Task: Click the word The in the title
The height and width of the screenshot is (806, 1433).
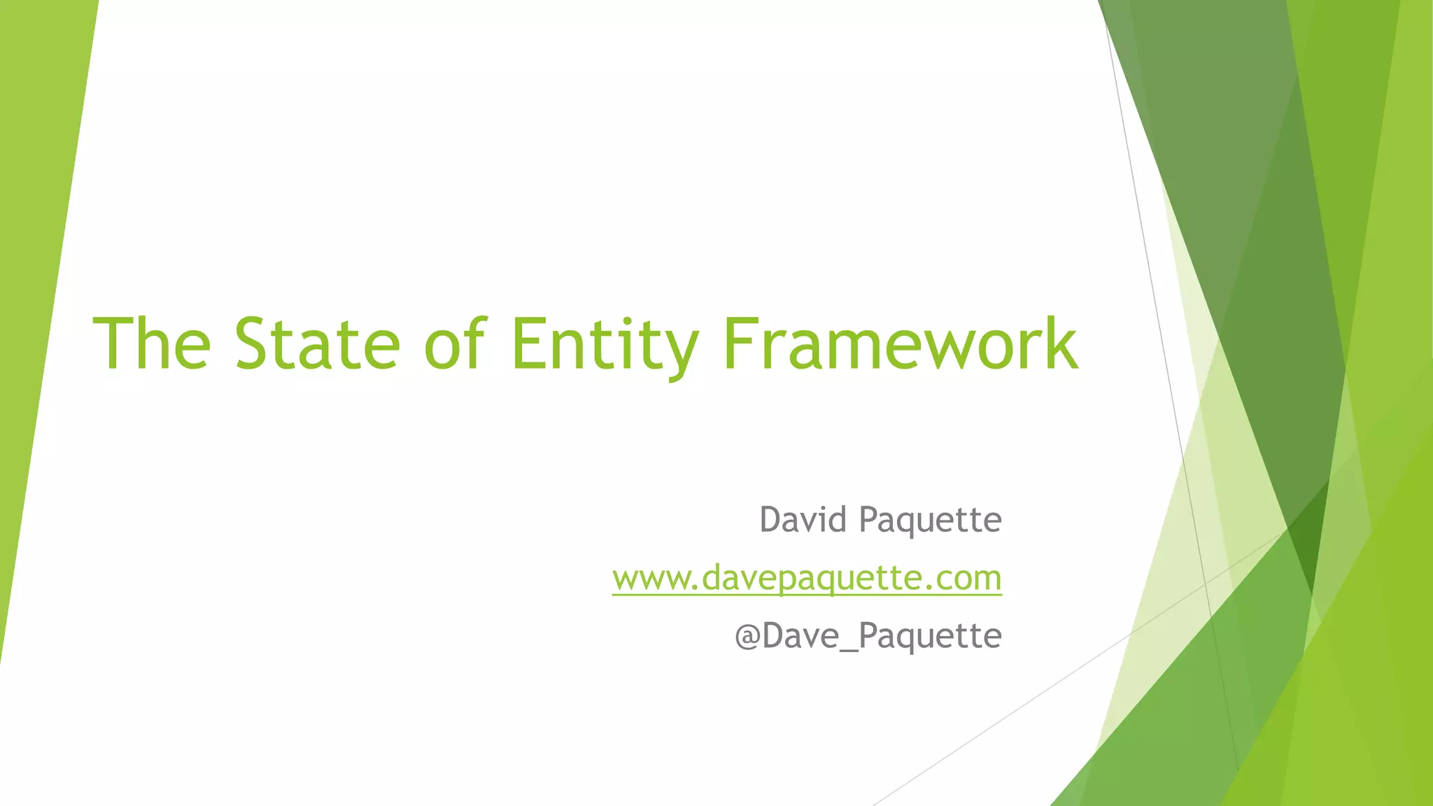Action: pyautogui.click(x=152, y=344)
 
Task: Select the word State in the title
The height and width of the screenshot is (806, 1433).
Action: pyautogui.click(x=317, y=344)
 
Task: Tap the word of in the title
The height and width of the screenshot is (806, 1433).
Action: pyautogui.click(x=454, y=344)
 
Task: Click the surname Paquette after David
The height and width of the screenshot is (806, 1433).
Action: pyautogui.click(x=931, y=520)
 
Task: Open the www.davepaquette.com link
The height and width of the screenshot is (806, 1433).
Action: pyautogui.click(x=807, y=579)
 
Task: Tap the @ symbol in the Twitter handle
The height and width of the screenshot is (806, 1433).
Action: pyautogui.click(x=748, y=636)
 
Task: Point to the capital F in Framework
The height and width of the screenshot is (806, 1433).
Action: pyautogui.click(x=740, y=344)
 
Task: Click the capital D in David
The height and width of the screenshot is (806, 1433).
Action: pyautogui.click(x=771, y=520)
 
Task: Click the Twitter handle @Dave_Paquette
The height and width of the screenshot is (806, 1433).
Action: pyautogui.click(x=868, y=636)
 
